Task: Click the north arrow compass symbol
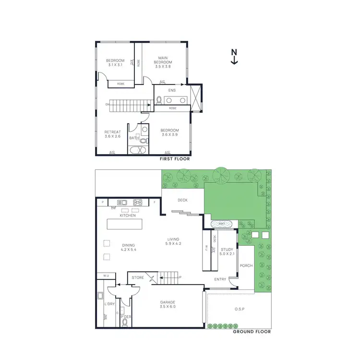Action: click(x=234, y=56)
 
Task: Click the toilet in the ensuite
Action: click(x=158, y=100)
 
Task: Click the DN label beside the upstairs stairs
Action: click(x=108, y=104)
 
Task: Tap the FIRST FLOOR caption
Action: click(x=175, y=158)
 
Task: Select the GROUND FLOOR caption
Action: click(x=252, y=332)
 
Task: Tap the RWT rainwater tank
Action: click(x=221, y=223)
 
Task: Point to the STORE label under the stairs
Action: click(x=138, y=277)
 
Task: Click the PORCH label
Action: click(x=246, y=266)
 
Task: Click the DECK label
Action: click(x=182, y=200)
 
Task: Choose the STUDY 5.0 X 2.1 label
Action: click(x=227, y=252)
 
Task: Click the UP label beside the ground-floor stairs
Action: click(x=180, y=277)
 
